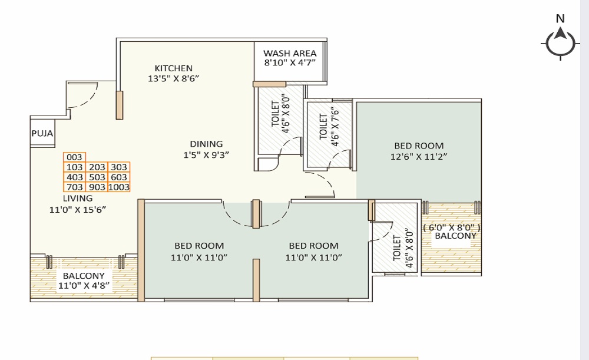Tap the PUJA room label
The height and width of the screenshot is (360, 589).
[42, 134]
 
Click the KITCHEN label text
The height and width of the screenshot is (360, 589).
[173, 68]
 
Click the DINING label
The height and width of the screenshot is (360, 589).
[206, 144]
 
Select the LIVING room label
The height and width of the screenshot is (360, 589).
[78, 199]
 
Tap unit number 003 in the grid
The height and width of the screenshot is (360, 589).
[75, 157]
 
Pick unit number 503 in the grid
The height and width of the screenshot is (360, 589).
[97, 177]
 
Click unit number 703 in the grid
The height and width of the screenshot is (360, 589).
[75, 187]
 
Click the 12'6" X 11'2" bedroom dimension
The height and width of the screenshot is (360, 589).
[419, 157]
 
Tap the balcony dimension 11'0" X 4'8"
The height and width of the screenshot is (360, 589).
[84, 286]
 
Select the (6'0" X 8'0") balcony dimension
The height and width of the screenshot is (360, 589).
[452, 227]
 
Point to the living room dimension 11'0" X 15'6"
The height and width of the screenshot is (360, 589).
[78, 209]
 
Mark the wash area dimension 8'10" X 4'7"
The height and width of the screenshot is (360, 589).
[290, 63]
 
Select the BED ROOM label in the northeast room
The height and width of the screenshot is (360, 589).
[419, 146]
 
